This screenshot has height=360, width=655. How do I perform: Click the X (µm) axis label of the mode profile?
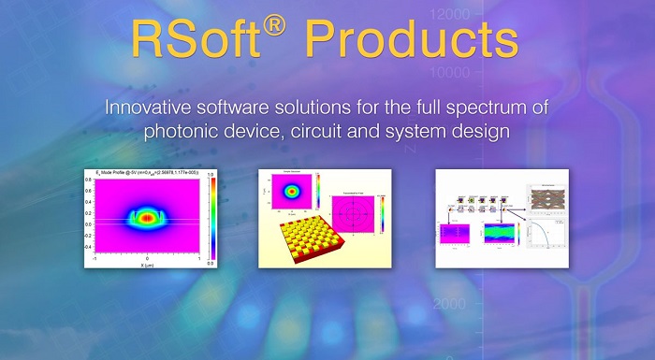147,265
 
